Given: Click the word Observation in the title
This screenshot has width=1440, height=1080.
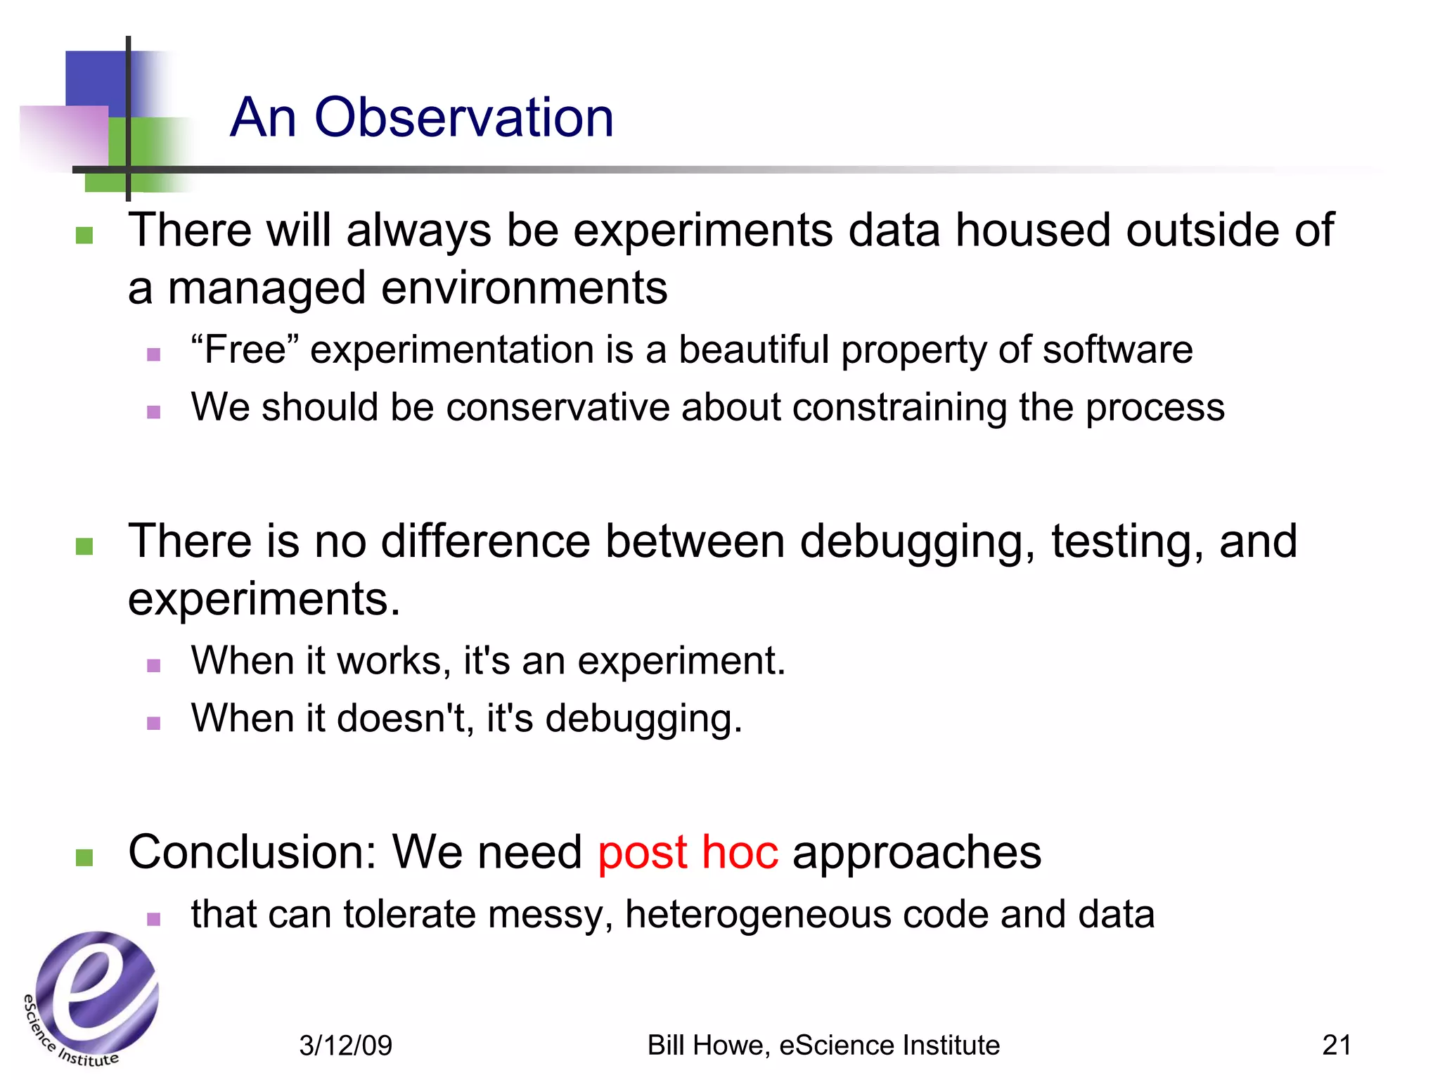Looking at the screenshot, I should pos(464,117).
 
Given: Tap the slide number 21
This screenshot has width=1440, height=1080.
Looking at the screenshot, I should pos(1336,1045).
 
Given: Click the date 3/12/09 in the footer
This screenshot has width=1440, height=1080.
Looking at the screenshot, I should pos(345,1046).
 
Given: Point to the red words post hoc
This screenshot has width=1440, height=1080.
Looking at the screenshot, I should pos(688,852).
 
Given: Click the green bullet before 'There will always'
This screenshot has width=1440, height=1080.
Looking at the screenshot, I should pos(84,235).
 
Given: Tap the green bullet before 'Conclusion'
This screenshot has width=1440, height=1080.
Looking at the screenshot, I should pos(84,857).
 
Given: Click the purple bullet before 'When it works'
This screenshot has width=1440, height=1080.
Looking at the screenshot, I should pos(154,665).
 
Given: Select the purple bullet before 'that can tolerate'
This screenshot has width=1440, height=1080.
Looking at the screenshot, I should pos(154,918).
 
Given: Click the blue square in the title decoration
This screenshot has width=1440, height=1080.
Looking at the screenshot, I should pos(96,78).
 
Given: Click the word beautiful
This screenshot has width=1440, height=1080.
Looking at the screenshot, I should pos(753,349).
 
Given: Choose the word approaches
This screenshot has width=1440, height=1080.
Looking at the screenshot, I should pos(917,852).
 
